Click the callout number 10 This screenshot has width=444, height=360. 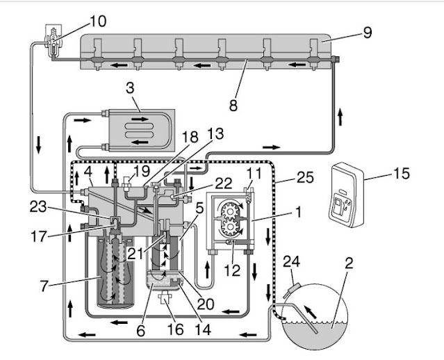point(98,22)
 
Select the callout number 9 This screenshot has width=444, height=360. point(367,33)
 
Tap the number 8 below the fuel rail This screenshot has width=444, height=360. point(233,106)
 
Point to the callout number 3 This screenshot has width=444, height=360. point(130,88)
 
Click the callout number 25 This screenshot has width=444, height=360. point(306,177)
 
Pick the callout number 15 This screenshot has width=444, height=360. point(401,173)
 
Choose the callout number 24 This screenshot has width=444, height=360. point(291,261)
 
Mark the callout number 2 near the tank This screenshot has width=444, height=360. point(349,263)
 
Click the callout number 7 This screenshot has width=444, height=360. point(44,286)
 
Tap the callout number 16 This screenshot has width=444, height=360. point(175,329)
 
